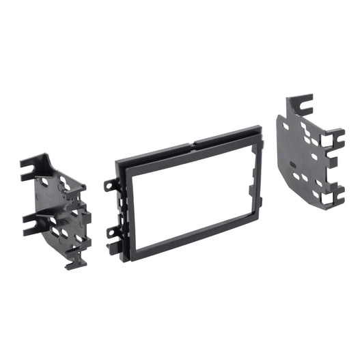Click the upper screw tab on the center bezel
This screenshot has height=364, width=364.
[x=109, y=184]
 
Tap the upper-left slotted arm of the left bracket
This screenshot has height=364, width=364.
[x=31, y=165]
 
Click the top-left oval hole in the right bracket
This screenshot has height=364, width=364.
[x=286, y=124]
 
